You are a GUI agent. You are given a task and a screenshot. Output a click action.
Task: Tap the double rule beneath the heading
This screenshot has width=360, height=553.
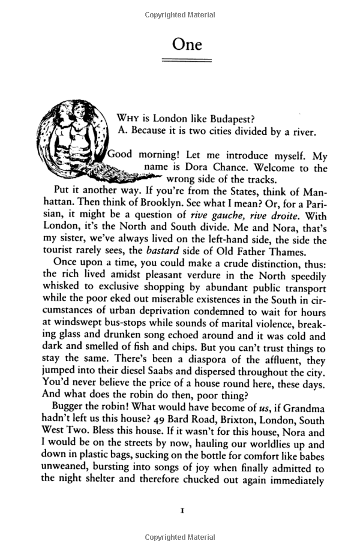click(187, 61)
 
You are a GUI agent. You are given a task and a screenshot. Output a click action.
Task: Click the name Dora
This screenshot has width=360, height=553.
click(206, 168)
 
